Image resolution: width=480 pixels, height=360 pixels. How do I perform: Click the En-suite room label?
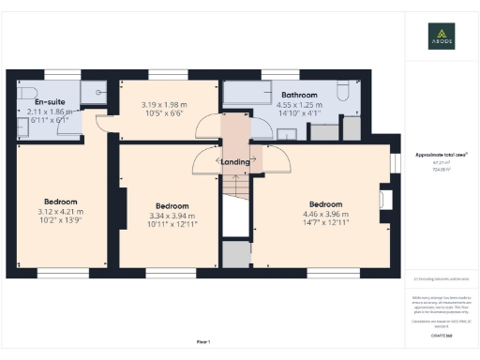49,101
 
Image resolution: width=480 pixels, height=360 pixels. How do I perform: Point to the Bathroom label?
299,96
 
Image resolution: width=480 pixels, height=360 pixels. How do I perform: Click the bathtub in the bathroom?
246,93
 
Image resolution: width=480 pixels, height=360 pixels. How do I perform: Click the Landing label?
234,161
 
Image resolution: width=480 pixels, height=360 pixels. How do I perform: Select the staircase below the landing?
235,202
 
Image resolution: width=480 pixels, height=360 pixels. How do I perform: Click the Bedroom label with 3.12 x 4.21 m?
60,202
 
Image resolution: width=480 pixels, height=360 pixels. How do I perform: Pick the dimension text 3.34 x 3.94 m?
172,216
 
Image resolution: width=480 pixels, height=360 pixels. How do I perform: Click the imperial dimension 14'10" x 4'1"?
299,114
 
